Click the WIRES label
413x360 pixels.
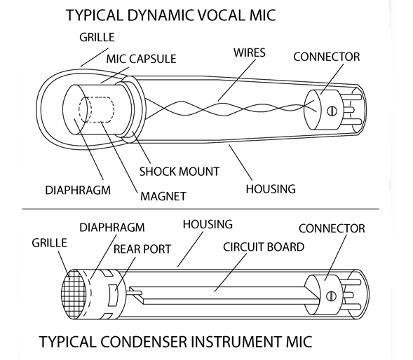click(250, 53)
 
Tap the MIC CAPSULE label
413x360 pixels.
click(141, 59)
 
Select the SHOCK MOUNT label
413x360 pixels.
click(180, 172)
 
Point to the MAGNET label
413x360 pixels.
click(163, 196)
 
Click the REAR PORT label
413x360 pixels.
click(142, 249)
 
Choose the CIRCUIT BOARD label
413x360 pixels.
click(264, 247)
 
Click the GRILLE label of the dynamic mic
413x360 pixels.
click(97, 37)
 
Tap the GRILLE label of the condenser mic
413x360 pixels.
click(50, 242)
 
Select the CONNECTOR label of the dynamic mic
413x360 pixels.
click(327, 57)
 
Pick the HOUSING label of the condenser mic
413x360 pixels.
click(208, 224)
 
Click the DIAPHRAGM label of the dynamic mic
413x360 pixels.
click(78, 190)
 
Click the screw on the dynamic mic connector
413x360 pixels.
click(332, 111)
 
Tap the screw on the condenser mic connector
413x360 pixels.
click(332, 296)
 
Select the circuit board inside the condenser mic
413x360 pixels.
click(224, 296)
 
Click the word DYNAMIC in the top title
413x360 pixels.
click(160, 15)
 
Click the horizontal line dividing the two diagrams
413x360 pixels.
click(201, 209)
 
